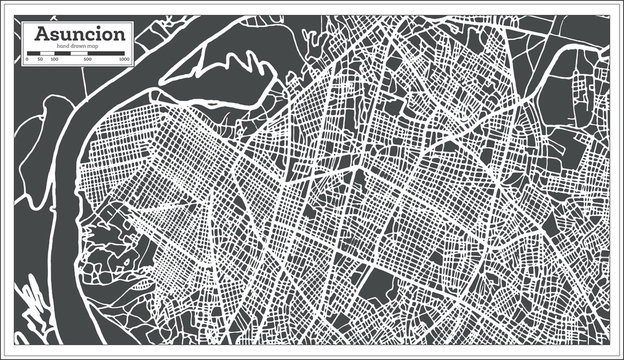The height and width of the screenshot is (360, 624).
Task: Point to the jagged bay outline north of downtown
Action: click(x=235, y=75)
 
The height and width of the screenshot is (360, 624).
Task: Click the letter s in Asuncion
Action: click(x=58, y=36)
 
